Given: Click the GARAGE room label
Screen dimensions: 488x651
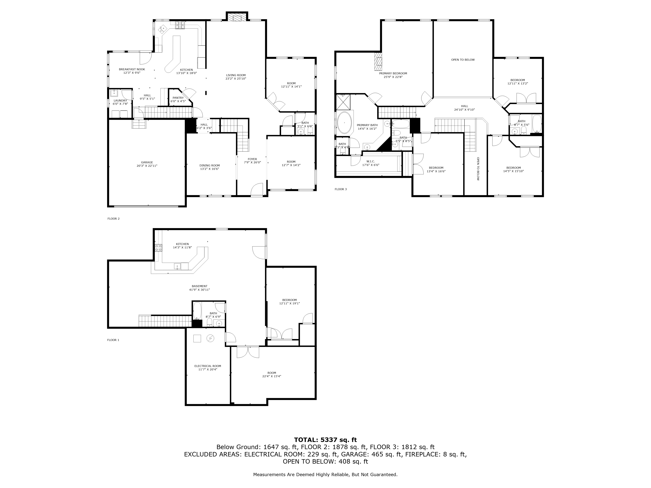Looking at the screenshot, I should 147,162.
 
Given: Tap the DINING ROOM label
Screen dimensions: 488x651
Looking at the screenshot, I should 210,165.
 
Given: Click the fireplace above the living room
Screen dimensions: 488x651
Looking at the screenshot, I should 237,17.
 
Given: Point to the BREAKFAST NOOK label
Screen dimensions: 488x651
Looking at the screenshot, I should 132,69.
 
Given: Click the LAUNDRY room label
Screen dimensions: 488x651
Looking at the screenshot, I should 120,101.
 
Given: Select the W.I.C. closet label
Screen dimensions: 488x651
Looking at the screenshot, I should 371,161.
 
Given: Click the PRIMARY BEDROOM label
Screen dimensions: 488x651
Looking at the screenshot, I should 393,74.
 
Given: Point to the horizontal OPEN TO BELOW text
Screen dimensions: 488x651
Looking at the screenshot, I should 463,60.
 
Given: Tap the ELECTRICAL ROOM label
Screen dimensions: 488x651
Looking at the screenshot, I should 208,366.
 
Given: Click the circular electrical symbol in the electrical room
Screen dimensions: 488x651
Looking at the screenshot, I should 210,339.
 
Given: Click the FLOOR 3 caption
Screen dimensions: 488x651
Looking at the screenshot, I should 340,189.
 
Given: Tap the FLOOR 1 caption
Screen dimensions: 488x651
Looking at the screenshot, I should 113,340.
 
